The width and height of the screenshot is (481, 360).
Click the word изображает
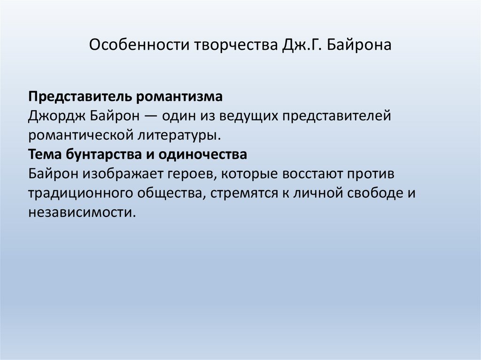click(x=123, y=173)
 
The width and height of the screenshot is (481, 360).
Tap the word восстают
click(x=311, y=173)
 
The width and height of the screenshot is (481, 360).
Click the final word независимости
click(x=81, y=212)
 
